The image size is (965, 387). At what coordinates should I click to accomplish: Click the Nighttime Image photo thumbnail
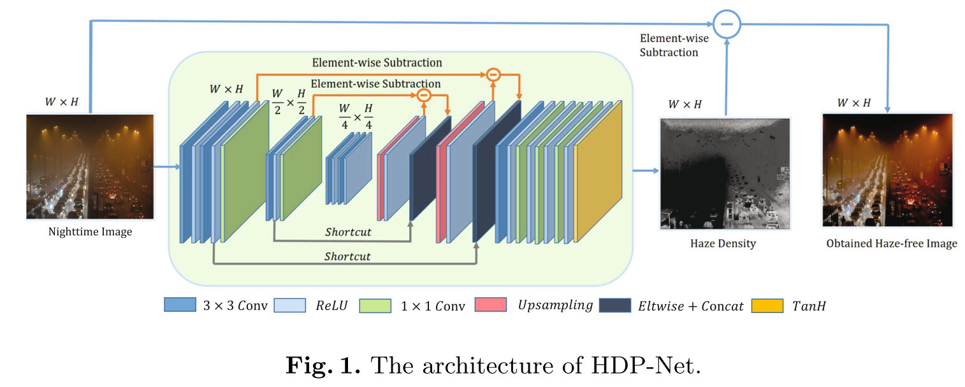tap(90, 166)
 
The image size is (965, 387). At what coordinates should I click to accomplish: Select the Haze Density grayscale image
tap(725, 173)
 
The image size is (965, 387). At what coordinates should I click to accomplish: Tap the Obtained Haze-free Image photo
tap(887, 170)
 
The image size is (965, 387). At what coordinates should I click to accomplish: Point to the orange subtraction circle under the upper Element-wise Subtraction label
tap(493, 75)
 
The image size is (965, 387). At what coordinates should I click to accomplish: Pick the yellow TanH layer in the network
tap(599, 171)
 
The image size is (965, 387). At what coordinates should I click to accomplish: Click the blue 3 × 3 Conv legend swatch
tap(180, 305)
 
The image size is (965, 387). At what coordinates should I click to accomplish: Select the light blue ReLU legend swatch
tap(289, 305)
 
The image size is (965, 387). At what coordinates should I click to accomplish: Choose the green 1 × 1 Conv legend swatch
tap(375, 305)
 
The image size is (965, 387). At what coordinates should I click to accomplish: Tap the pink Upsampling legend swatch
tap(490, 305)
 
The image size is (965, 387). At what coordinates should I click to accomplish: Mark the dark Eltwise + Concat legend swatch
tap(615, 305)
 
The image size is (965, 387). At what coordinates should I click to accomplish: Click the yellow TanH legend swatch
tap(767, 305)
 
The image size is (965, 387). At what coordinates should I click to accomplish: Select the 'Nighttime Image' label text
tap(91, 231)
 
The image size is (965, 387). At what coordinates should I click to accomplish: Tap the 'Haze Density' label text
tap(723, 243)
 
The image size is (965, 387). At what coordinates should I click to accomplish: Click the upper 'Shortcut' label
tap(347, 232)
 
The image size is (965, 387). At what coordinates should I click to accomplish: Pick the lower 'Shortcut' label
tap(347, 256)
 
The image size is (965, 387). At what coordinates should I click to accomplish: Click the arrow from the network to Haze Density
tap(645, 171)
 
